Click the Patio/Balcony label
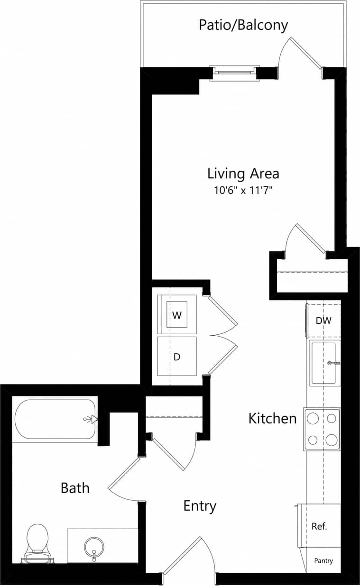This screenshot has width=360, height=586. pos(243,25)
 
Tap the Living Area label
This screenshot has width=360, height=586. pos(243,173)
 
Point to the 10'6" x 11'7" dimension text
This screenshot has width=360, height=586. pos(243,191)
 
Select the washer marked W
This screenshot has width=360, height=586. pos(177,315)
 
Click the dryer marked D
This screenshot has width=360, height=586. pos(177,357)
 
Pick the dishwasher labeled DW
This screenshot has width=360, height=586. pos(323,320)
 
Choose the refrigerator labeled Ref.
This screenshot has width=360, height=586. pos(319,526)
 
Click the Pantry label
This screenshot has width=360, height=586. pos(323,560)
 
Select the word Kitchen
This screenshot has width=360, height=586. pos(273,418)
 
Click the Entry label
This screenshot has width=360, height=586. pos(200,506)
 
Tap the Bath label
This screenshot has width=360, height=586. pos(75,487)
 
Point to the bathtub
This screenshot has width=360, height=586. pos(55,419)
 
